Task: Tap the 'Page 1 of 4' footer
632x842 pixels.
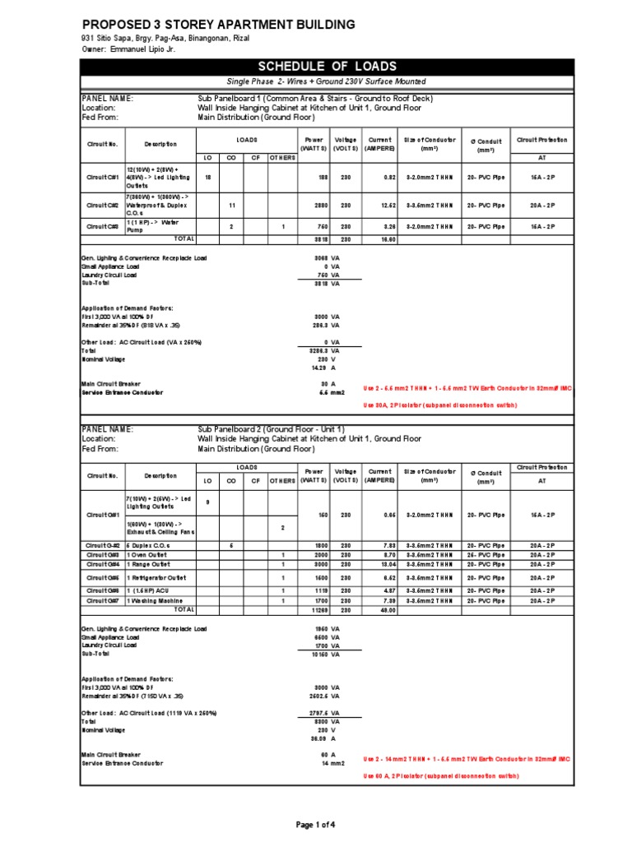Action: tap(316, 824)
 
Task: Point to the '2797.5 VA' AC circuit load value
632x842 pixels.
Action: tap(320, 712)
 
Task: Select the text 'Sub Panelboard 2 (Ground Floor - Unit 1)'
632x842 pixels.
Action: tap(272, 429)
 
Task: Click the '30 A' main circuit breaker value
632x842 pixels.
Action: tap(325, 383)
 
